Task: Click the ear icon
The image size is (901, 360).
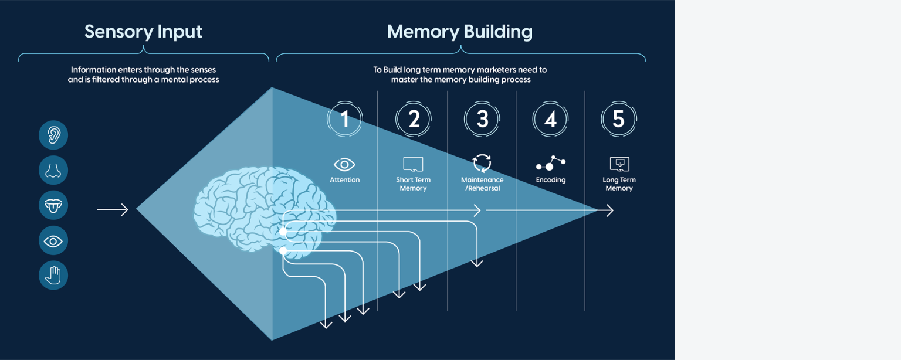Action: pyautogui.click(x=53, y=135)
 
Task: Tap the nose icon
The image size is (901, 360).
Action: pyautogui.click(x=53, y=170)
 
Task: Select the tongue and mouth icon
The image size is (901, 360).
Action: pyautogui.click(x=53, y=205)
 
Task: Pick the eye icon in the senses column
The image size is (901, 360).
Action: pyautogui.click(x=53, y=240)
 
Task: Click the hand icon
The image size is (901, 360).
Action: pyautogui.click(x=53, y=276)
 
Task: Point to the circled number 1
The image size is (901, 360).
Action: pyautogui.click(x=345, y=119)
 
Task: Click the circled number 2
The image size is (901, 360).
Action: pyautogui.click(x=414, y=119)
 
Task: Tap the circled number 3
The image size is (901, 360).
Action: pyautogui.click(x=482, y=119)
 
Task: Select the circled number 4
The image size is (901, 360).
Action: pyautogui.click(x=550, y=119)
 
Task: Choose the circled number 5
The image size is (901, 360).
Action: pyautogui.click(x=619, y=119)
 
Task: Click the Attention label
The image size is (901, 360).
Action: pyautogui.click(x=345, y=180)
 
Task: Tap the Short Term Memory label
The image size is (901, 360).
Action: pyautogui.click(x=413, y=184)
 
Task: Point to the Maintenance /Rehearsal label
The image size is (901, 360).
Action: pyautogui.click(x=482, y=184)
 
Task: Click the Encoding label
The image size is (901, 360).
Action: pyautogui.click(x=551, y=180)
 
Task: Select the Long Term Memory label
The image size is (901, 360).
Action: pyautogui.click(x=619, y=184)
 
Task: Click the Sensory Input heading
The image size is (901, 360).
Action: pyautogui.click(x=143, y=32)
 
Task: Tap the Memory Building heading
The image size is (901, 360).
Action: pyautogui.click(x=460, y=32)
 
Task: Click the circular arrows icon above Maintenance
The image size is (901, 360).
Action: pyautogui.click(x=482, y=163)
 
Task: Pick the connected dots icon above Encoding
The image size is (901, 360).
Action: pyautogui.click(x=551, y=163)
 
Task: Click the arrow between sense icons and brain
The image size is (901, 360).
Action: pyautogui.click(x=113, y=209)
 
